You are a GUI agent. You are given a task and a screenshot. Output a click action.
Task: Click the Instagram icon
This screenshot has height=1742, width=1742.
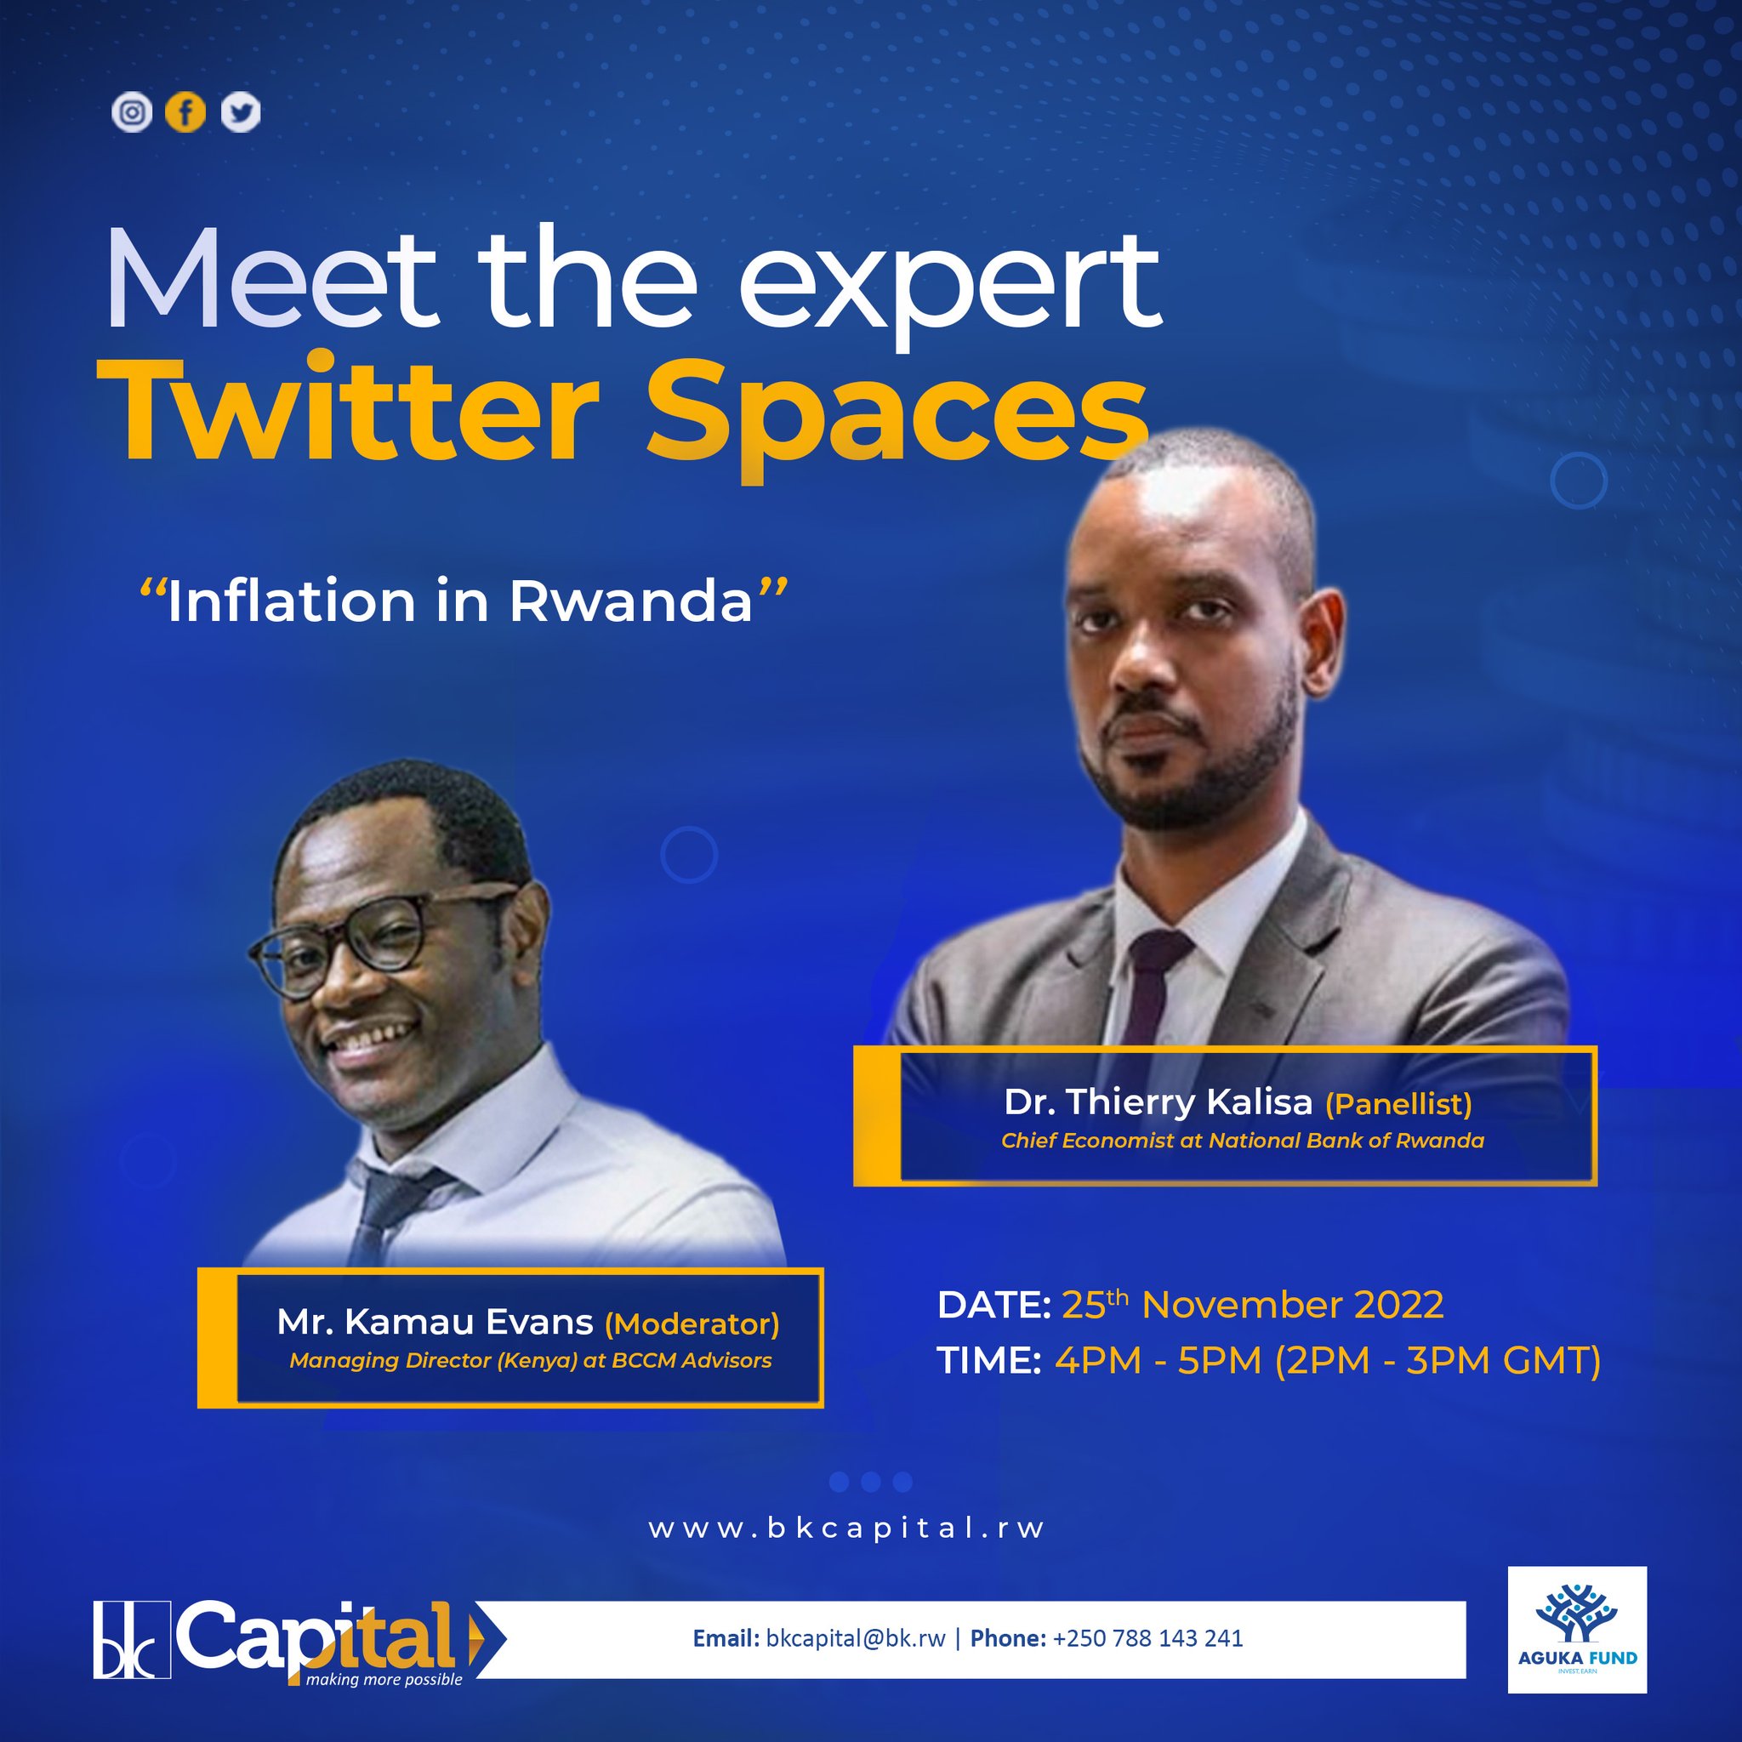tap(132, 113)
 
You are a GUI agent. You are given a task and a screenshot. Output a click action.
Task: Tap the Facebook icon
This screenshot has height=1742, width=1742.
tap(185, 113)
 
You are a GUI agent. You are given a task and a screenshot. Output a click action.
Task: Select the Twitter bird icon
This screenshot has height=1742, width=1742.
tap(241, 113)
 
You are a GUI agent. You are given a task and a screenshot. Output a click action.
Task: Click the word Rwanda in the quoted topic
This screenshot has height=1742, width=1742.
tap(630, 601)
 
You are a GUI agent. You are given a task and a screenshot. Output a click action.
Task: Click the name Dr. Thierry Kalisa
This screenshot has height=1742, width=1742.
tap(1158, 1102)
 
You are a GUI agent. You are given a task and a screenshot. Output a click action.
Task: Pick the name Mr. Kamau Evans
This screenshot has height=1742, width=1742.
tap(435, 1322)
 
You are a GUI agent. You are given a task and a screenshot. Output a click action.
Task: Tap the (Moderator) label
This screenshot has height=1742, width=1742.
tap(692, 1324)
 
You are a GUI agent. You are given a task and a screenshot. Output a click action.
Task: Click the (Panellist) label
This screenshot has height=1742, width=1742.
tap(1398, 1102)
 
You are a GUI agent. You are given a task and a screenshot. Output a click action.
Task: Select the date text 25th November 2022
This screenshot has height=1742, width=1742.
tap(1252, 1305)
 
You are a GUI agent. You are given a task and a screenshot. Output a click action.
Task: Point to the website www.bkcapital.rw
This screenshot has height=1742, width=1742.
tap(846, 1529)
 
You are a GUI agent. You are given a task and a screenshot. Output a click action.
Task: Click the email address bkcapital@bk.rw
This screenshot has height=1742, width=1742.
tap(855, 1638)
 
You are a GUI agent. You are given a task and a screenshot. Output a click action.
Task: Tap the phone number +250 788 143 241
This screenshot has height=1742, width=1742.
tap(1147, 1638)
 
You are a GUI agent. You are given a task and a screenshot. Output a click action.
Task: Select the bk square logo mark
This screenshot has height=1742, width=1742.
tap(132, 1640)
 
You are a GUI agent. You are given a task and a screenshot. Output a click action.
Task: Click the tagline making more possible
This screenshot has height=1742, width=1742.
tap(384, 1680)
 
